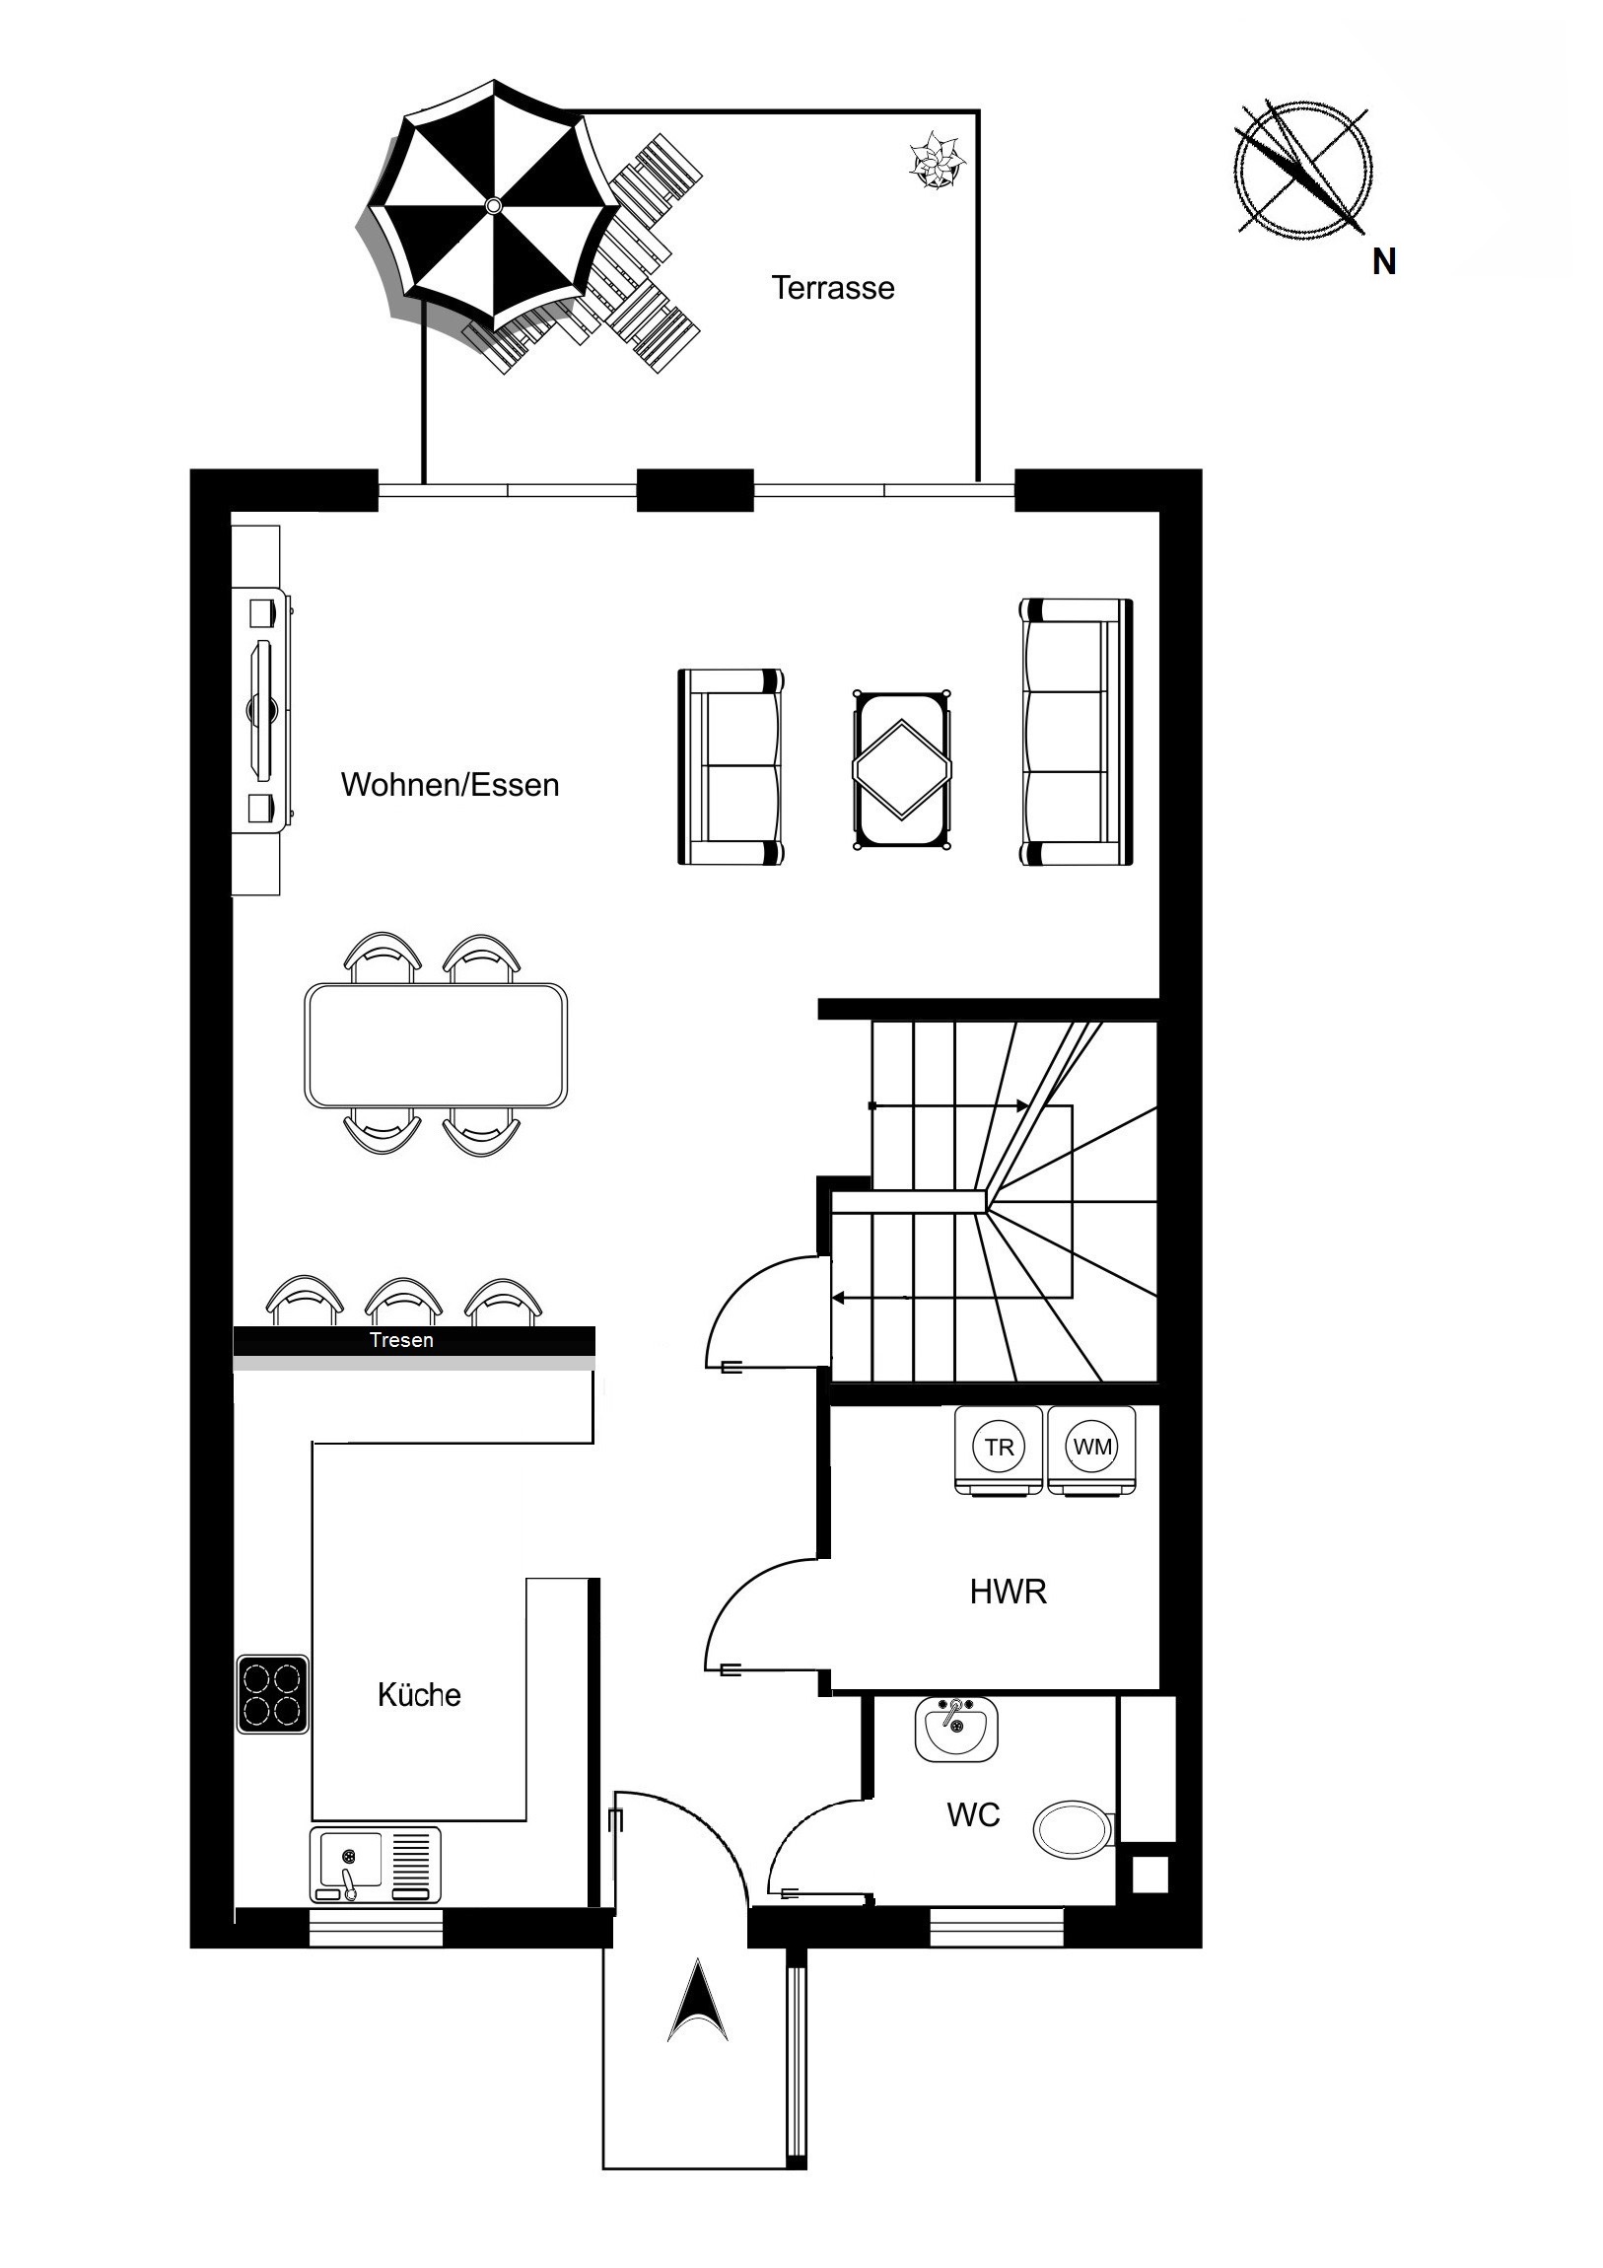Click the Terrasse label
[x=833, y=289]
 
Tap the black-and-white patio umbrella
[x=494, y=205]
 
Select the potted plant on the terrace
[x=936, y=160]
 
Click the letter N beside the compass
[x=1384, y=262]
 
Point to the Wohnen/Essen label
[x=451, y=784]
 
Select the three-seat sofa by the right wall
[x=1077, y=732]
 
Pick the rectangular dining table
[x=436, y=1045]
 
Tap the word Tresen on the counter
[x=401, y=1340]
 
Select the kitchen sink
[x=376, y=1865]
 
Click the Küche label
[x=419, y=1695]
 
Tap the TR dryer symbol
[x=999, y=1449]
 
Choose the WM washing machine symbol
[x=1091, y=1449]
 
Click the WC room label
[x=973, y=1814]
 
